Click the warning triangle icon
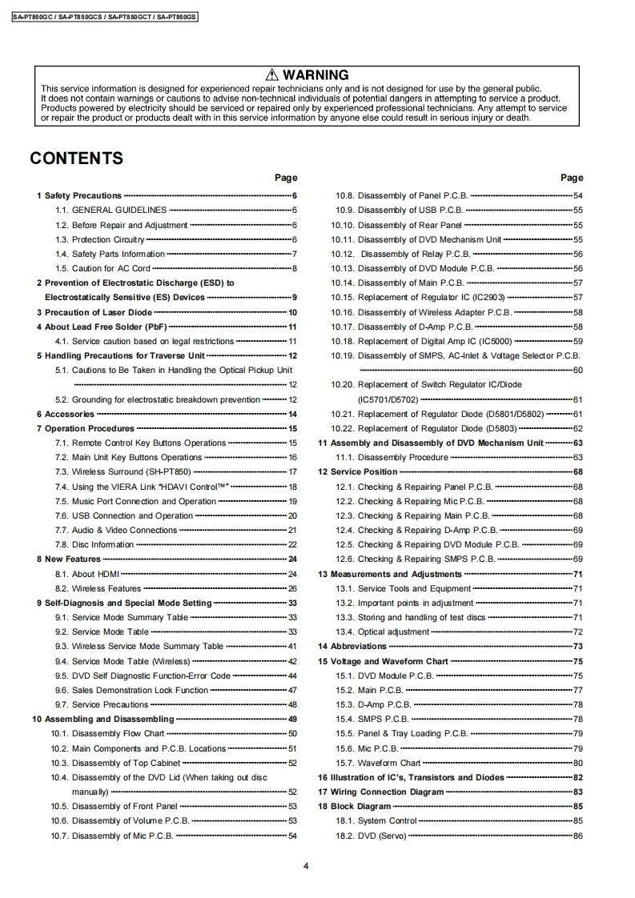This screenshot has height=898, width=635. (273, 75)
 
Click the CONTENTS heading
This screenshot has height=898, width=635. (77, 158)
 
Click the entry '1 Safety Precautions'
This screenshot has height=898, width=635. (79, 195)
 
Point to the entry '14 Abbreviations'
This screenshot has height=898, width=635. (352, 646)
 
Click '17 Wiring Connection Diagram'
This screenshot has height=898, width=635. (380, 792)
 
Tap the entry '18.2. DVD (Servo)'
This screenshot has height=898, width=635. (371, 836)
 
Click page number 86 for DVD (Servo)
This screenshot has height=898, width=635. (577, 836)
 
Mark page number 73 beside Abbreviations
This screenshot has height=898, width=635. (577, 646)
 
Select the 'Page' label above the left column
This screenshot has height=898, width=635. (285, 178)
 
